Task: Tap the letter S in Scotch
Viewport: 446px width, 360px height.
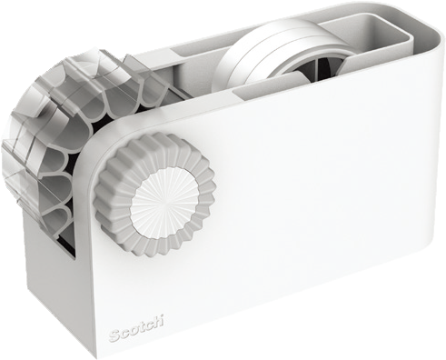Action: pos(114,336)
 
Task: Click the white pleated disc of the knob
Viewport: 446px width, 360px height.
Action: pos(163,202)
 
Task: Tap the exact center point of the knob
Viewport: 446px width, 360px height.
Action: pos(164,202)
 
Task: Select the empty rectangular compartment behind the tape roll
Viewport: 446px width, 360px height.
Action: pos(374,29)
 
